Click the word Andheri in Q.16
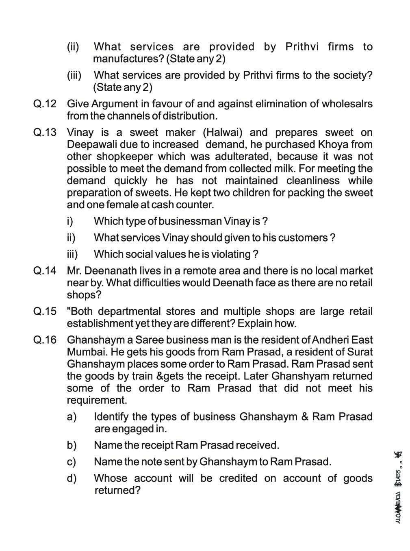[331, 340]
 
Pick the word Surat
[361, 352]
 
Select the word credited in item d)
[238, 478]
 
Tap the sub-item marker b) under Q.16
[72, 445]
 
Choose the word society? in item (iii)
[353, 75]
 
